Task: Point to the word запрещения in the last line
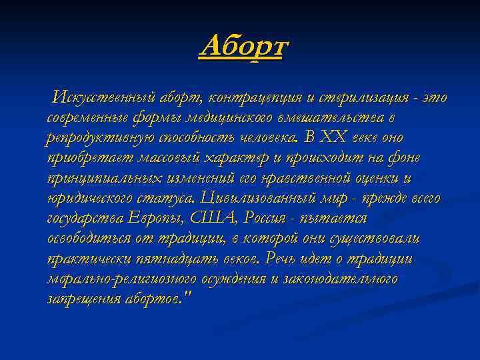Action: click(81, 298)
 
